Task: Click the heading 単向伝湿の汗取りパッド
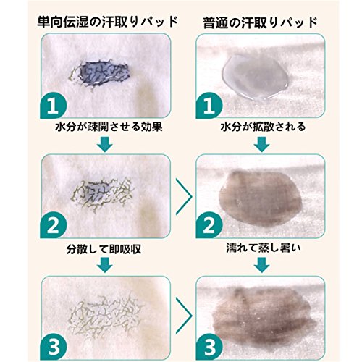108,22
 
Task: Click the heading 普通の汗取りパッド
260,22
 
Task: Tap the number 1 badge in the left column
53,106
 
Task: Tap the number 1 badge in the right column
209,106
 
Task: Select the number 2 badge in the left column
53,225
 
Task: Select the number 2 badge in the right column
209,225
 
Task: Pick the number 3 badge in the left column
53,347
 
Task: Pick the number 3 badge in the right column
209,347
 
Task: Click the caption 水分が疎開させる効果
109,127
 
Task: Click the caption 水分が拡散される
263,127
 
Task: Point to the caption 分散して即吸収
104,249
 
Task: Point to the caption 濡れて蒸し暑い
264,248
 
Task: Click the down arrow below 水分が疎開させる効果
105,144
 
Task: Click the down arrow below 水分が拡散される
262,144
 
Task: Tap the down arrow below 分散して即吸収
105,265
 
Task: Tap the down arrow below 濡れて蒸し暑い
262,265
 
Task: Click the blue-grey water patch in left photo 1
104,72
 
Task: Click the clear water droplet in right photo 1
256,77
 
